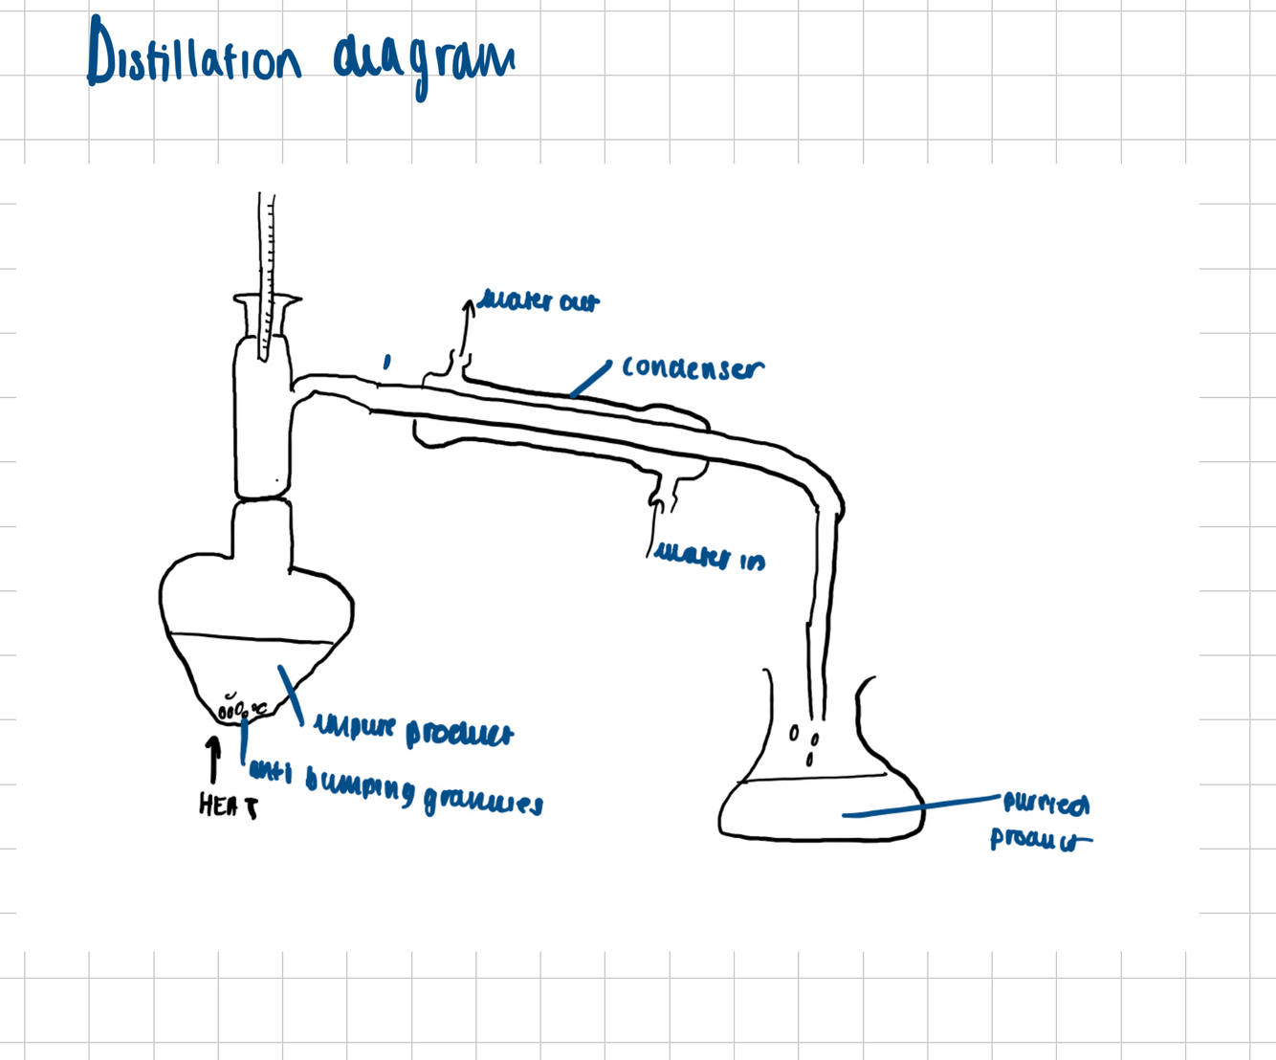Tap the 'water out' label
[x=539, y=302]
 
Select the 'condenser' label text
[x=693, y=368]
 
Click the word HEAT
[x=228, y=806]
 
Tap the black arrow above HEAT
[x=214, y=760]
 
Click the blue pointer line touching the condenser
[x=591, y=379]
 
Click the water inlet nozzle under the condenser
[x=664, y=493]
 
